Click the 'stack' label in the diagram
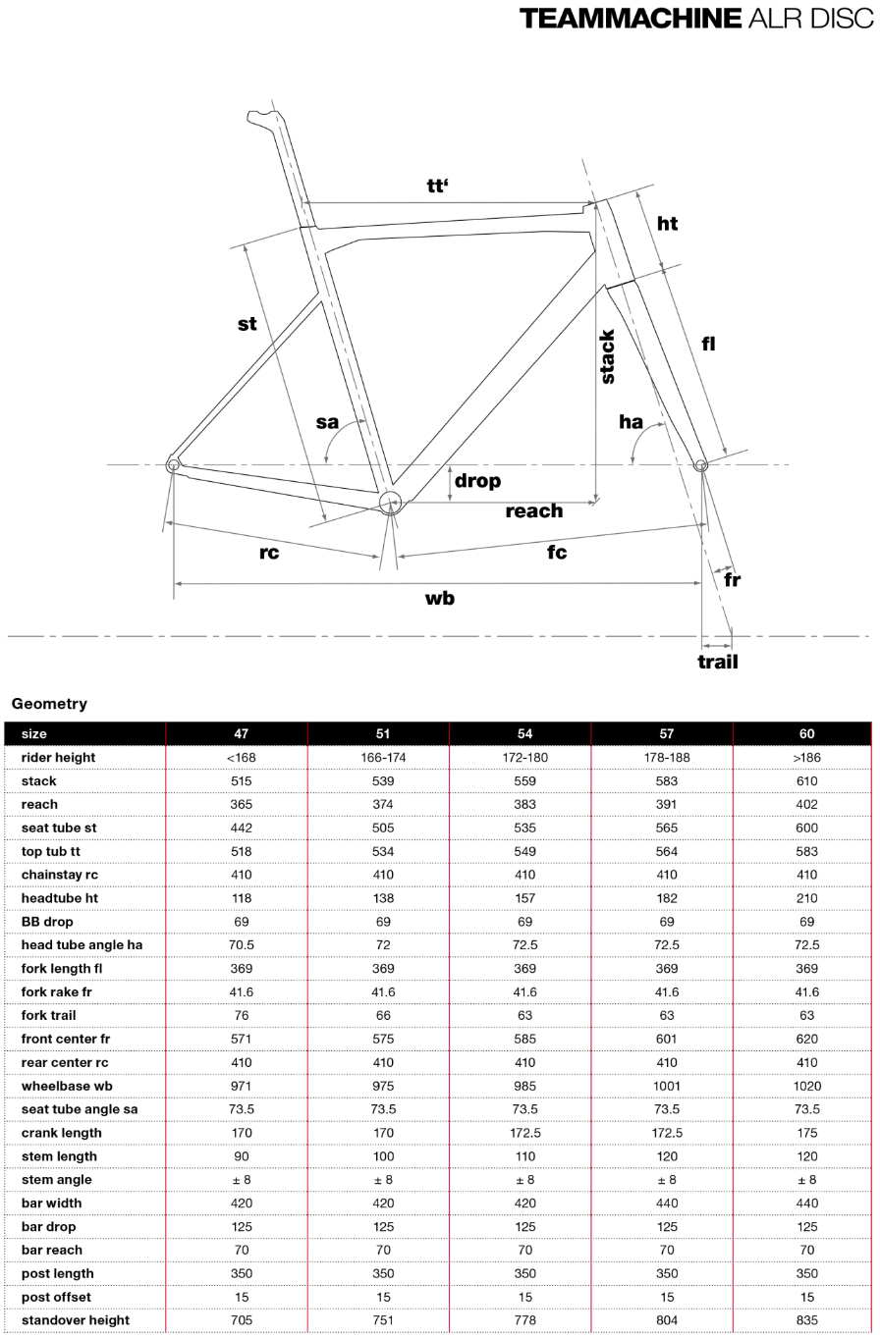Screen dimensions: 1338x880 point(608,356)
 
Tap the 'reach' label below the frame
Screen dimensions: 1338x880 point(534,510)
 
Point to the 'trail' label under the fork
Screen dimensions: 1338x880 point(717,662)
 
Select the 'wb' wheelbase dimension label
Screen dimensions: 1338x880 point(439,598)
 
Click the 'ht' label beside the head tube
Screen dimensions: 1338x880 point(667,224)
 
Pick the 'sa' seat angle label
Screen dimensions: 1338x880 point(327,422)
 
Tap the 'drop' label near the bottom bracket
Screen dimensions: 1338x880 point(477,481)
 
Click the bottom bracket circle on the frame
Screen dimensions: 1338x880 point(390,503)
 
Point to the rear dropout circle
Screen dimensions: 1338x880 point(173,464)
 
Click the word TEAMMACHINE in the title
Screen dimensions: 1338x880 point(630,18)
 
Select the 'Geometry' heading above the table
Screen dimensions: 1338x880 point(49,704)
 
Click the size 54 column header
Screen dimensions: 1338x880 point(524,733)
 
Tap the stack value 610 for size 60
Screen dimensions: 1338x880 point(806,781)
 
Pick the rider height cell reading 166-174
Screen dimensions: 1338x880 point(383,758)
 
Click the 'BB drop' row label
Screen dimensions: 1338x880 point(47,922)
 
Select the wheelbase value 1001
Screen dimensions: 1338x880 point(666,1086)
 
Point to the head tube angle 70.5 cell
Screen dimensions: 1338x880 point(241,945)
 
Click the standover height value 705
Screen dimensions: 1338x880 point(241,1320)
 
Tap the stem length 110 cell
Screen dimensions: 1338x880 point(524,1156)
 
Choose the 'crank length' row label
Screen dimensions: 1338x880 point(61,1133)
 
